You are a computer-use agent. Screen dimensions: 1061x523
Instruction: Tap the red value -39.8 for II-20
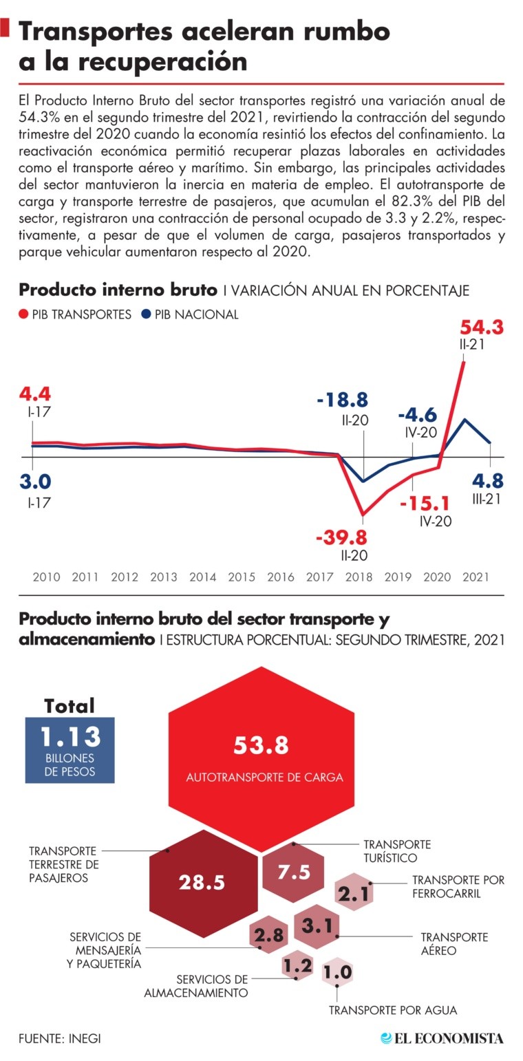[341, 537]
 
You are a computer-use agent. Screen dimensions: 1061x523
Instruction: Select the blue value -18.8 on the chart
[343, 400]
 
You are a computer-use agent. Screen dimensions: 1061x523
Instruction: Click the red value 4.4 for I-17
[34, 395]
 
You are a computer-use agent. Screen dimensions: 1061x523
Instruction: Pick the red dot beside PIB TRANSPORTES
[24, 314]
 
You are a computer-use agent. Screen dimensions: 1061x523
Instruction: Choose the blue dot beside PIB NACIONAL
[146, 314]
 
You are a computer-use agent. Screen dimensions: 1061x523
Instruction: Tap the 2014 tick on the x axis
[202, 577]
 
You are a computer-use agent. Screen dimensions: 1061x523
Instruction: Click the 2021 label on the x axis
[476, 577]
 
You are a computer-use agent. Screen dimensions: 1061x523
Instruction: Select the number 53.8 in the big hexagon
[261, 744]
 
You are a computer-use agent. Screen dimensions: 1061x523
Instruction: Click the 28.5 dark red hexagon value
[202, 882]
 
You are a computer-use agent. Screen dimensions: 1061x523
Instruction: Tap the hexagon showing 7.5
[294, 872]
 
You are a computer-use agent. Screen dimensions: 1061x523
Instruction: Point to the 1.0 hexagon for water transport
[337, 973]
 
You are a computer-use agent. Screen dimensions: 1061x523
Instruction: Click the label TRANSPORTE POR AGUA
[392, 1010]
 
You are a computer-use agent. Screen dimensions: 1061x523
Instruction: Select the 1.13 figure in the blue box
[70, 737]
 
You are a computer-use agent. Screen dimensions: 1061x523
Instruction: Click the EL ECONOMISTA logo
[443, 1038]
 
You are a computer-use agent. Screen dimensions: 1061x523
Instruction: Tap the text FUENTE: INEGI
[59, 1038]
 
